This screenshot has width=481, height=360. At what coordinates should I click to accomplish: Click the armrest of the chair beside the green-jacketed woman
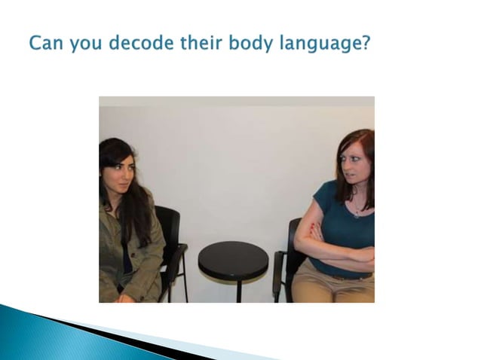click(176, 252)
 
